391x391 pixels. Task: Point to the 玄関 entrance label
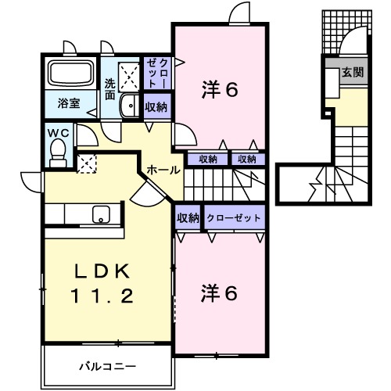(x=352, y=72)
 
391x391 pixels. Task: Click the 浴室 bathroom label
(x=68, y=102)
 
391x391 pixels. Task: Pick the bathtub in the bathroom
(x=72, y=74)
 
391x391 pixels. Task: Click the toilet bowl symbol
(x=57, y=156)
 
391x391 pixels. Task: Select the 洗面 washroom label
(x=110, y=88)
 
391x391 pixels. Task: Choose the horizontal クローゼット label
(x=233, y=218)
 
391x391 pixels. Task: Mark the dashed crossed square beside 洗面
(x=127, y=74)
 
